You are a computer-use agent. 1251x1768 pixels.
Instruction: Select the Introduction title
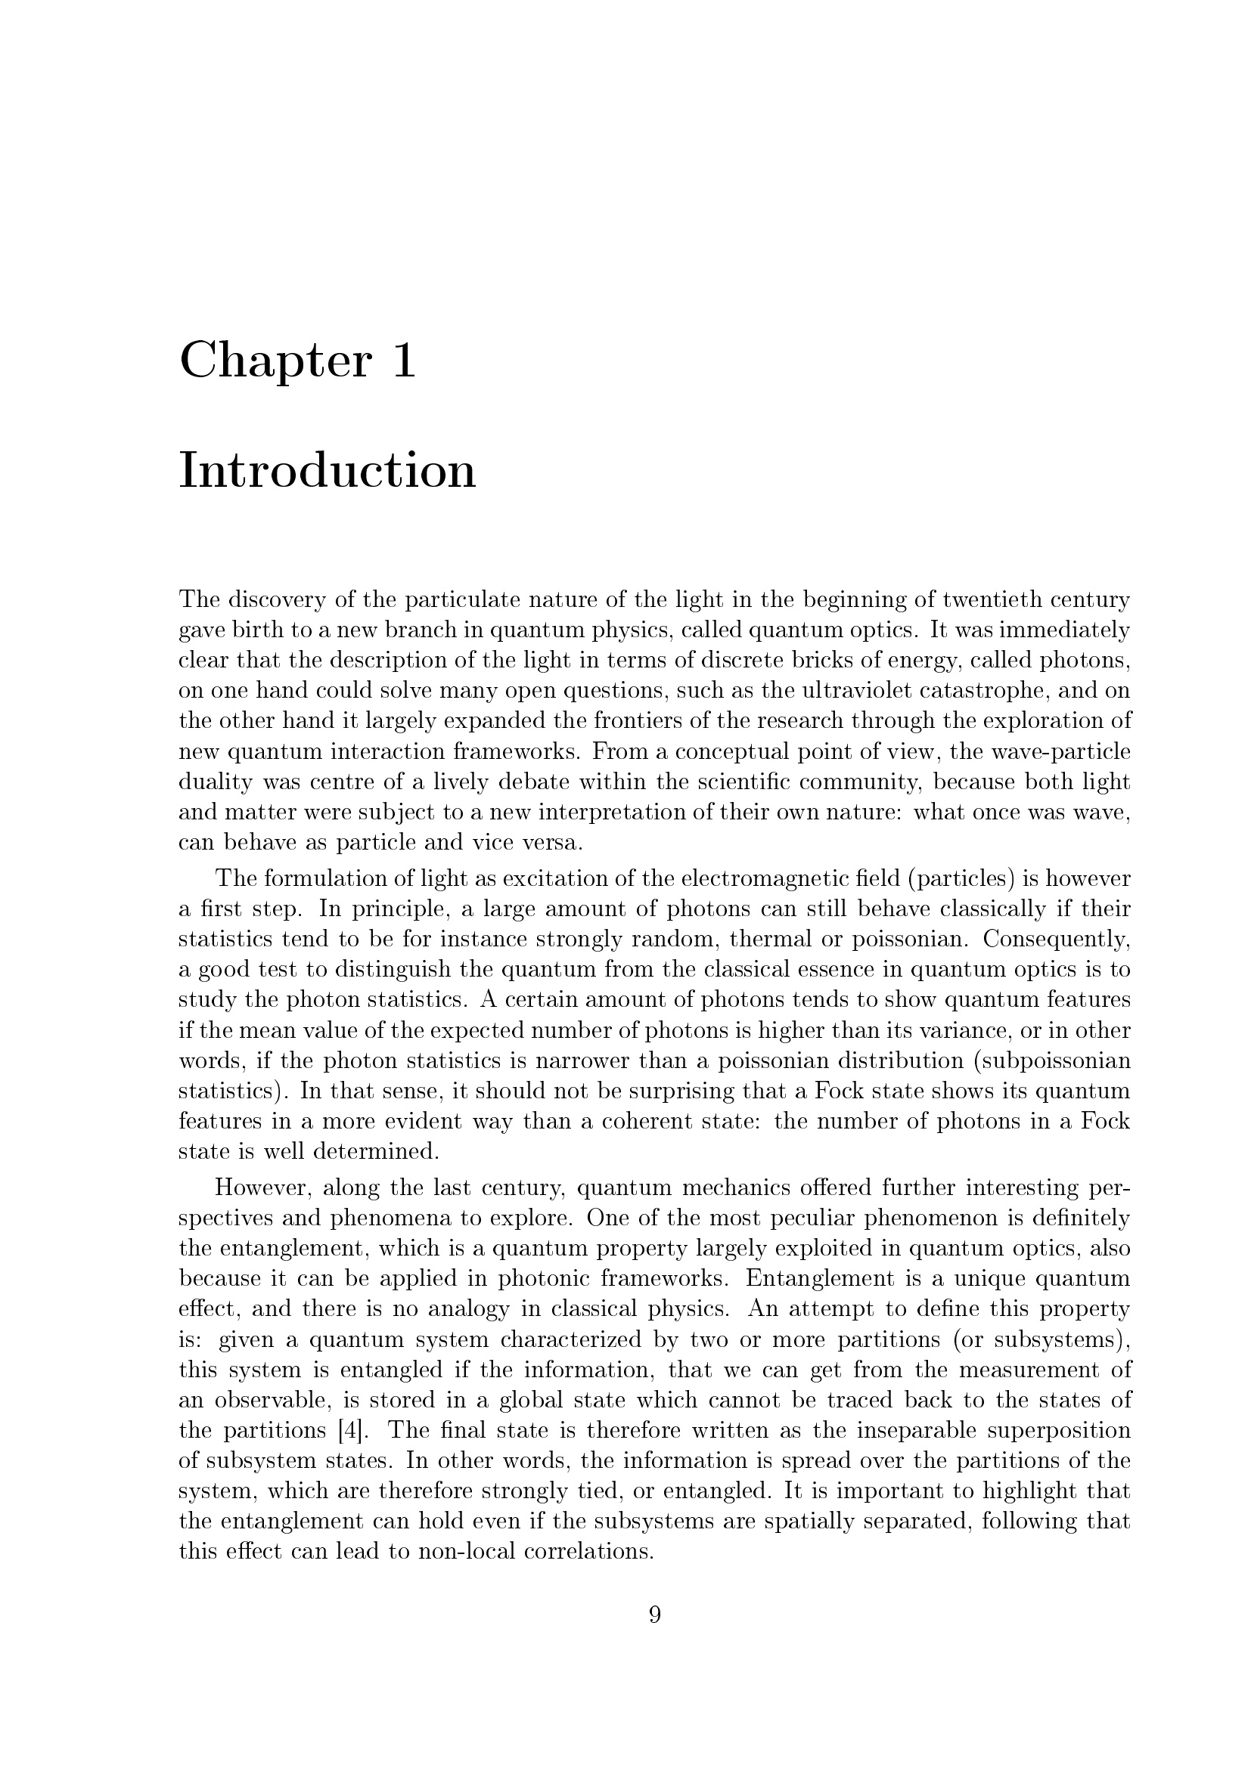coord(327,470)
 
